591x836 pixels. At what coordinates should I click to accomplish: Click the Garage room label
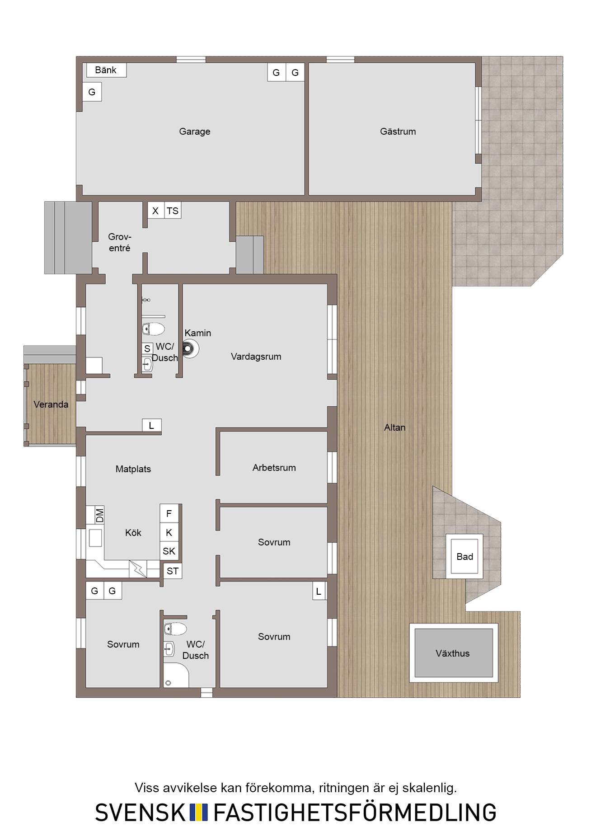point(195,132)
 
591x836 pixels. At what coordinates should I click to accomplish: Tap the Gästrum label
point(398,132)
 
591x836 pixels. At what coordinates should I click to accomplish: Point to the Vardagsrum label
point(256,357)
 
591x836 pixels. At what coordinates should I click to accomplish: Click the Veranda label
point(51,404)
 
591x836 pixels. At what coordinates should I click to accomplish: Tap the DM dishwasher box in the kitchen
point(99,515)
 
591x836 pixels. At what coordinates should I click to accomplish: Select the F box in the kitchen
point(169,513)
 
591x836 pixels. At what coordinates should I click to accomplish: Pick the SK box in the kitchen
point(169,551)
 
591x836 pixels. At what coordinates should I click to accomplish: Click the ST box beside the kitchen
point(173,571)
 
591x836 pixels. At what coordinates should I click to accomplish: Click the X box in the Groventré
point(155,211)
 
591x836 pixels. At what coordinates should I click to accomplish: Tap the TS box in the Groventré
point(173,211)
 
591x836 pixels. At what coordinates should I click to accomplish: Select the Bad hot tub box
point(464,556)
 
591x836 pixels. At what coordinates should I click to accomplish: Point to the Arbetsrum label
point(274,468)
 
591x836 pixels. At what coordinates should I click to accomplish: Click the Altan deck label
point(395,427)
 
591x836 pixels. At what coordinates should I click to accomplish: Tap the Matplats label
point(133,469)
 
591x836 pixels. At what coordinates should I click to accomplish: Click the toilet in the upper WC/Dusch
point(153,329)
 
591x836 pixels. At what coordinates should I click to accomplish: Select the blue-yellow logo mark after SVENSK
point(199,812)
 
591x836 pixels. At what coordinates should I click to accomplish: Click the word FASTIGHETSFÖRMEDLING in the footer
point(355,812)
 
